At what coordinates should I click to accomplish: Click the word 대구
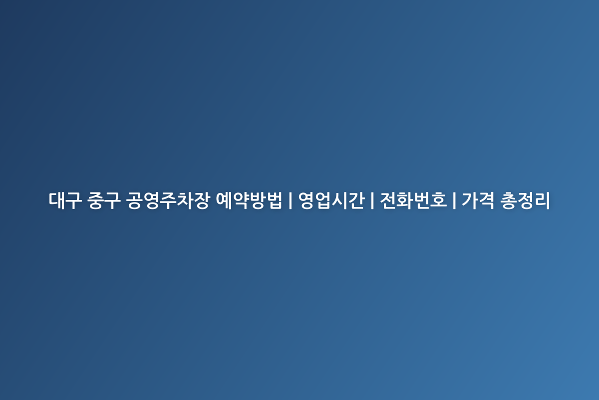click(x=65, y=200)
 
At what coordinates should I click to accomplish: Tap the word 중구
click(x=103, y=200)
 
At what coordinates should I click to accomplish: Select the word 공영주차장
click(x=167, y=200)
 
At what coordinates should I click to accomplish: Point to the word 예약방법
click(x=249, y=200)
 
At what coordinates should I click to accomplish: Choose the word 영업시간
click(x=331, y=200)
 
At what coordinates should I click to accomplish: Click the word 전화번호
click(x=413, y=200)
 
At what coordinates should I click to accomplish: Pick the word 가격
click(x=478, y=200)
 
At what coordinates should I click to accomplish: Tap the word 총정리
click(x=525, y=200)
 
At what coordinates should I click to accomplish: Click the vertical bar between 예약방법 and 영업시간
click(x=291, y=200)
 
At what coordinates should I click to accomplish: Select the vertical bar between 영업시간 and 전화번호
click(x=372, y=200)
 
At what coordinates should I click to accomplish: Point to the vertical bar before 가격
click(x=454, y=200)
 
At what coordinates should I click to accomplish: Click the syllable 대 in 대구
click(x=57, y=200)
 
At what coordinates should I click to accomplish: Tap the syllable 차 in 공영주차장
click(x=184, y=200)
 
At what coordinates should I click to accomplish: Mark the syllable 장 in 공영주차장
click(x=201, y=200)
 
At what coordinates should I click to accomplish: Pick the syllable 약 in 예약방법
click(x=241, y=200)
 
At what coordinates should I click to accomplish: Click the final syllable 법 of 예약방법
click(x=274, y=200)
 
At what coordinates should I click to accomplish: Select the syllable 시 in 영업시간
click(x=340, y=200)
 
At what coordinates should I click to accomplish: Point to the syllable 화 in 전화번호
click(x=405, y=200)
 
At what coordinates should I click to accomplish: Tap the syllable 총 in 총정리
click(x=508, y=200)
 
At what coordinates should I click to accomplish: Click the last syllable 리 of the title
click(x=542, y=200)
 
